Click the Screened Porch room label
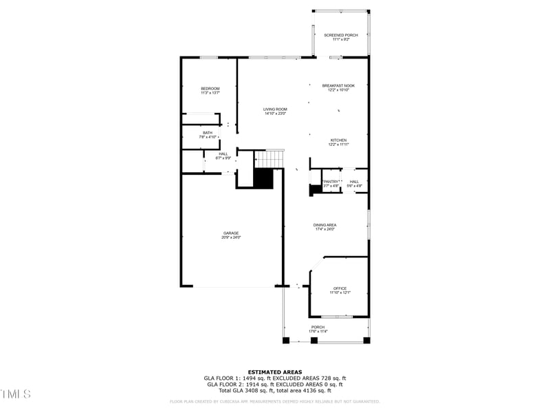tap(341, 35)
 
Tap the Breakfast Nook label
tap(338, 85)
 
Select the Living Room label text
tap(275, 109)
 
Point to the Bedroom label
tap(210, 88)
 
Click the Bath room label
tap(207, 132)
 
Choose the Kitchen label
tap(338, 140)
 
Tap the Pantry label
tap(331, 181)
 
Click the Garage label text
tap(230, 233)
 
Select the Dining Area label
tap(324, 224)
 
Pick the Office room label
tap(339, 288)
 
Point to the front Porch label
tap(318, 327)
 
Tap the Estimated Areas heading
tap(275, 372)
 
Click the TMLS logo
tap(16, 394)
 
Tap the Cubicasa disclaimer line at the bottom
tap(275, 401)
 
